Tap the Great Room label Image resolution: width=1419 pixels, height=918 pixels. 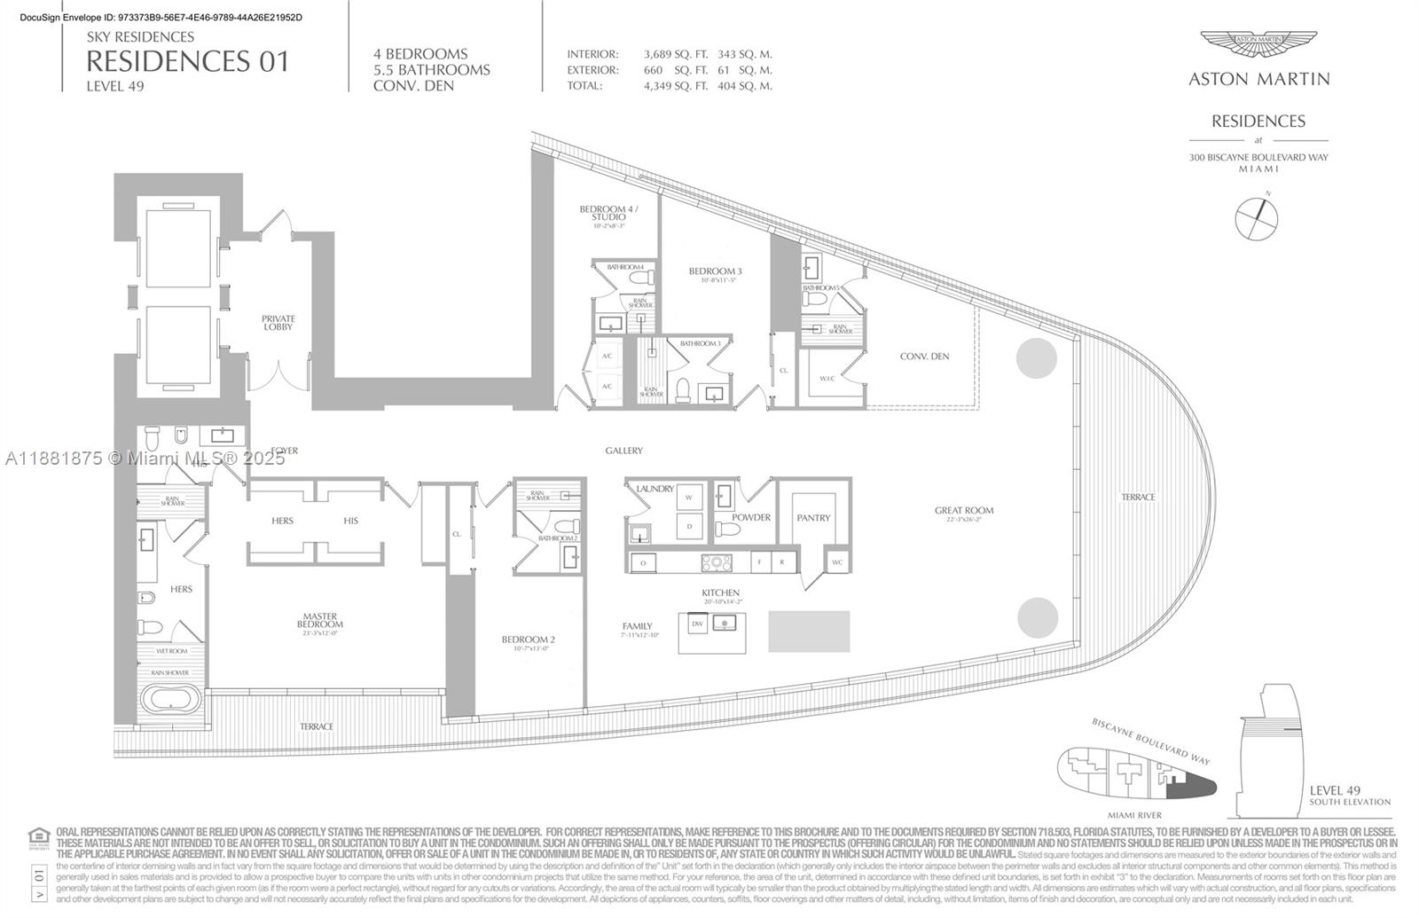click(963, 511)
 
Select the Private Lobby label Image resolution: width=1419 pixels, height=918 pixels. click(278, 323)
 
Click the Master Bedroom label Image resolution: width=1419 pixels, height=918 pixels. click(319, 620)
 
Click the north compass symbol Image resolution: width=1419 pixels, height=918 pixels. click(1257, 217)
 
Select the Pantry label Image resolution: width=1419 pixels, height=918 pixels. click(812, 517)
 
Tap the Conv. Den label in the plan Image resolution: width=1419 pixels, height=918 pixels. click(924, 357)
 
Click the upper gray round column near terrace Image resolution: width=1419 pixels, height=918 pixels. click(1036, 357)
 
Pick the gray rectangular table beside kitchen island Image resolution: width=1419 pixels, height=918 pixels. click(808, 631)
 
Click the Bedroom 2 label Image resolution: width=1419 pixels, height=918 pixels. click(528, 639)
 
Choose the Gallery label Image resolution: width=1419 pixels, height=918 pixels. click(623, 451)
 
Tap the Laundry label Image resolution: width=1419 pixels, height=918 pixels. click(655, 489)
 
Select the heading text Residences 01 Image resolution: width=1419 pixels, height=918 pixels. click(187, 61)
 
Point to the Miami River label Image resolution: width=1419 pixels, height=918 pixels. click(1134, 814)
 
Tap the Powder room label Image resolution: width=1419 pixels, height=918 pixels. click(751, 517)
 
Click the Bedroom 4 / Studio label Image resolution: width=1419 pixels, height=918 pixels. click(608, 213)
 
